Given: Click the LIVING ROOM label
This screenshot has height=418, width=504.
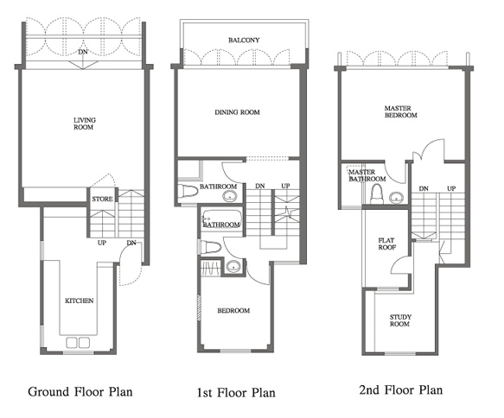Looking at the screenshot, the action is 84,123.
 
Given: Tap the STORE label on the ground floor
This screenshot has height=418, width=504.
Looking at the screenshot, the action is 102,199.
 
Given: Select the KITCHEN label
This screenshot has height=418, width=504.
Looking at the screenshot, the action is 79,301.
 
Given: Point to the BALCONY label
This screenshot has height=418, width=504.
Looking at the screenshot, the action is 244,40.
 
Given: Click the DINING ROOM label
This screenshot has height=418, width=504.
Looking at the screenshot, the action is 237,112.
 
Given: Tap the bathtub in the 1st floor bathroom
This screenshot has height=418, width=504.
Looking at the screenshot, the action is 221,219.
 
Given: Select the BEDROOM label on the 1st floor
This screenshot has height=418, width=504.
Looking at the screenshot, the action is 233,310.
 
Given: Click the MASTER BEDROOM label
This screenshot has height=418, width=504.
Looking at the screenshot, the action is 400,111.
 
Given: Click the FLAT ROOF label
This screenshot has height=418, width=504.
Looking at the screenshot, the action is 386,244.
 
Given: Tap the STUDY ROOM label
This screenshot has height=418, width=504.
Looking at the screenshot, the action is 400,320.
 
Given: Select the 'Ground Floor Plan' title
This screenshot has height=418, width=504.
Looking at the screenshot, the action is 80,392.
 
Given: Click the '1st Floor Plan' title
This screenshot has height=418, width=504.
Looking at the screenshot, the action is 236,393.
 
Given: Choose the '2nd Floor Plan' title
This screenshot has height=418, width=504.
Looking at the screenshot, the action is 401,390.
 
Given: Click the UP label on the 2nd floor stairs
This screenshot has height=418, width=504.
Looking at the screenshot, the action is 451,189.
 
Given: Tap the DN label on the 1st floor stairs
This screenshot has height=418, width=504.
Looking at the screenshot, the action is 260,186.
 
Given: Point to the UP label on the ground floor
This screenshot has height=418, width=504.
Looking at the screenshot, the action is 102,243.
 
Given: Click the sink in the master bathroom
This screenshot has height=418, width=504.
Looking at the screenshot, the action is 397,197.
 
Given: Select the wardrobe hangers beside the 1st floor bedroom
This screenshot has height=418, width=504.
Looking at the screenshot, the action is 211,268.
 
